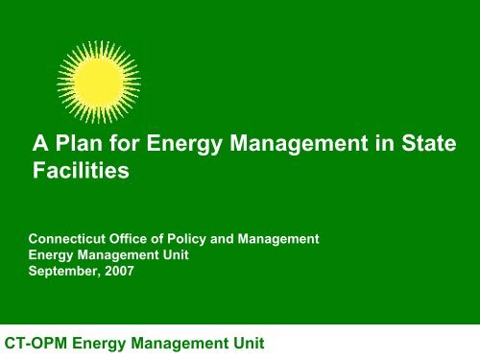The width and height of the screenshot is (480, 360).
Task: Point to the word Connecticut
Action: tap(71, 234)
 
